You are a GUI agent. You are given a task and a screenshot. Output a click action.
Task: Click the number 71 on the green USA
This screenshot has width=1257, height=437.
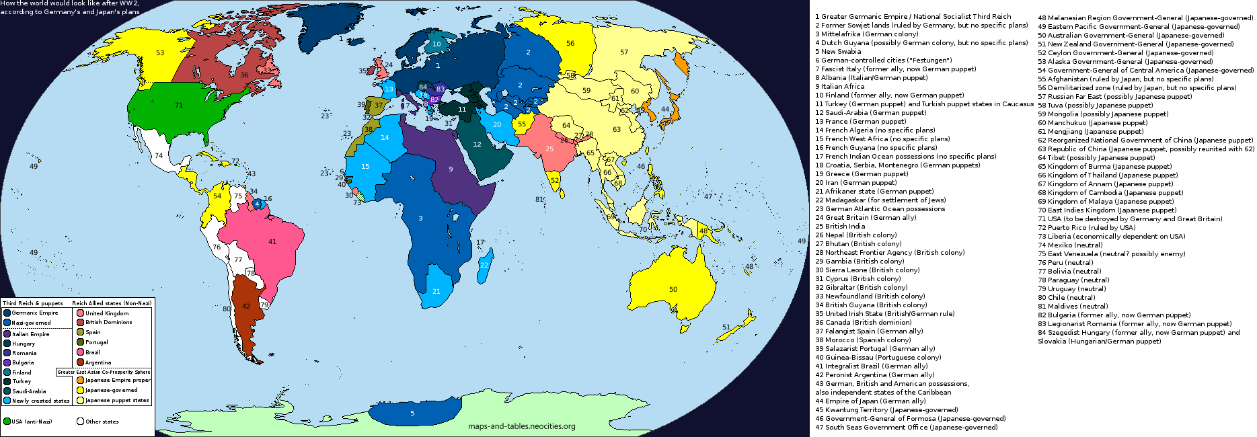[179, 105]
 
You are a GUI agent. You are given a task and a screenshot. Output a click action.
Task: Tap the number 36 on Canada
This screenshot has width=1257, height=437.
[244, 75]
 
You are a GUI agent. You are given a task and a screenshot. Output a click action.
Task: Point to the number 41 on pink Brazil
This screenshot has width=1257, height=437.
[272, 241]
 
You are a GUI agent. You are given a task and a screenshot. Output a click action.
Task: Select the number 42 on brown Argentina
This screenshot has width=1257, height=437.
[246, 306]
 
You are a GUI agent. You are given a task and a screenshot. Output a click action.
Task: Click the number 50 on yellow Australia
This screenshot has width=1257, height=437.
[673, 289]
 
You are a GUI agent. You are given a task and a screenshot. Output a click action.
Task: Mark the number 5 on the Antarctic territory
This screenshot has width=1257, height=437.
[412, 413]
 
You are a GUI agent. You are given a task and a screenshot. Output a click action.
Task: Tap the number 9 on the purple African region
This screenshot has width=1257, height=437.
[451, 169]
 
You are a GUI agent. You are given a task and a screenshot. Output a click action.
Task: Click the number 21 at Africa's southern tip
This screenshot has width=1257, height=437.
[436, 291]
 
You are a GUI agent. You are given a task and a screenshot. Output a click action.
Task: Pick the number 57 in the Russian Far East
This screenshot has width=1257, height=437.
[624, 52]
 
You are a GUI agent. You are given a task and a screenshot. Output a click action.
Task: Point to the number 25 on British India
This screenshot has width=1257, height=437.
[549, 149]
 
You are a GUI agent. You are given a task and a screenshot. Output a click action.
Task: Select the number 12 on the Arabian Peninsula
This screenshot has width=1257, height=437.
[477, 144]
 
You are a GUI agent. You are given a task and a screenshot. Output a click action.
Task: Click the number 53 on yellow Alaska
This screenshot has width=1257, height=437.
[160, 52]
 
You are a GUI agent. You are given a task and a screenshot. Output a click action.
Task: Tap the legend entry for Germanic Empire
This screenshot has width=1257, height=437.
[34, 313]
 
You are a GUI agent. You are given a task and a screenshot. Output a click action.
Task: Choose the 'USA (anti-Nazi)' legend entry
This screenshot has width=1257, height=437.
[32, 422]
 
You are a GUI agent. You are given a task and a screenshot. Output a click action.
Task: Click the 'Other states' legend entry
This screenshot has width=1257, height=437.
[102, 422]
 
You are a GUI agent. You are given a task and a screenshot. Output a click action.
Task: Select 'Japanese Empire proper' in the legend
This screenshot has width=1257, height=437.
[118, 380]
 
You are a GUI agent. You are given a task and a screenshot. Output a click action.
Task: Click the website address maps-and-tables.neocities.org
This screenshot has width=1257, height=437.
[521, 426]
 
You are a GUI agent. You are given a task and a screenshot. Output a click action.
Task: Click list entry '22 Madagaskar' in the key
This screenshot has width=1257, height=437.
[880, 200]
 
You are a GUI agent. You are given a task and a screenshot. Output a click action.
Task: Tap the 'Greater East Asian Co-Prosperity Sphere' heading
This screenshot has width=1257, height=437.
[104, 372]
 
